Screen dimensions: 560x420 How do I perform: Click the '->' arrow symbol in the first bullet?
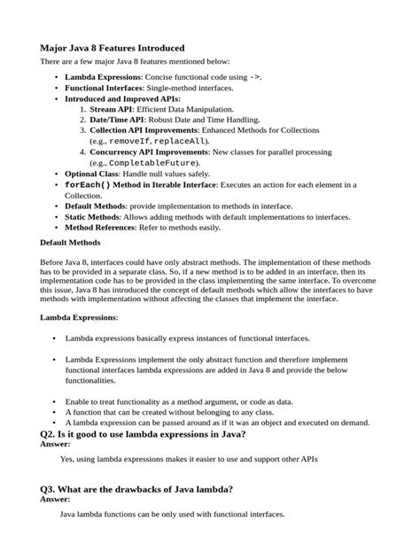[x=253, y=78]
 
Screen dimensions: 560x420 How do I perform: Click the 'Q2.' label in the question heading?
[x=51, y=434]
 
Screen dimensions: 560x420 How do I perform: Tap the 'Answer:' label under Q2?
[x=57, y=444]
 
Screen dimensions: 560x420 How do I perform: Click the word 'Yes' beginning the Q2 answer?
[x=66, y=460]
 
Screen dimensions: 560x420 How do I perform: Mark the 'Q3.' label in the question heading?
[x=51, y=489]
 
